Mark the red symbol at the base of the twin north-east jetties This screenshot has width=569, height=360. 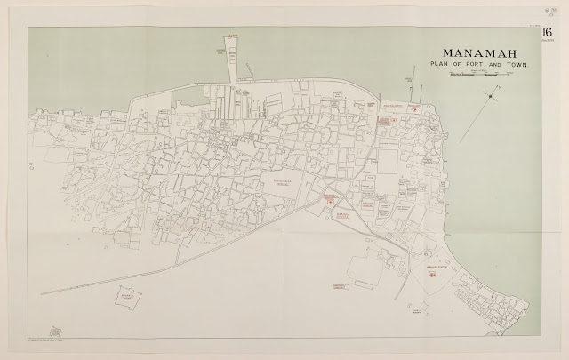pyautogui.click(x=386, y=121)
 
